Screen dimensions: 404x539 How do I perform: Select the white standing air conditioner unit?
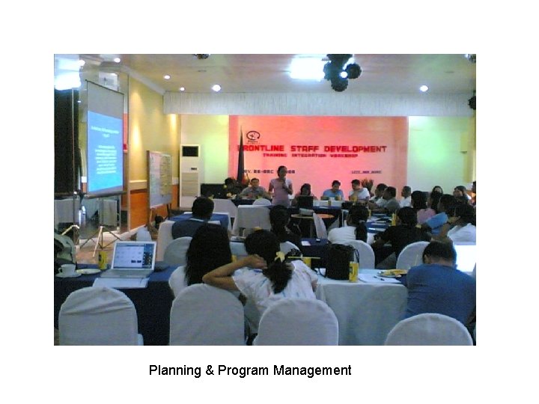point(190,169)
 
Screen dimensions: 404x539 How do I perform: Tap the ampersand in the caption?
point(209,370)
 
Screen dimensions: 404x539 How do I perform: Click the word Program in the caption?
point(243,370)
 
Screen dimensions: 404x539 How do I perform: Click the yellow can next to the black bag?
point(353,271)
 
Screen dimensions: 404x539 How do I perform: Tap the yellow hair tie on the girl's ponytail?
point(281,257)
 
